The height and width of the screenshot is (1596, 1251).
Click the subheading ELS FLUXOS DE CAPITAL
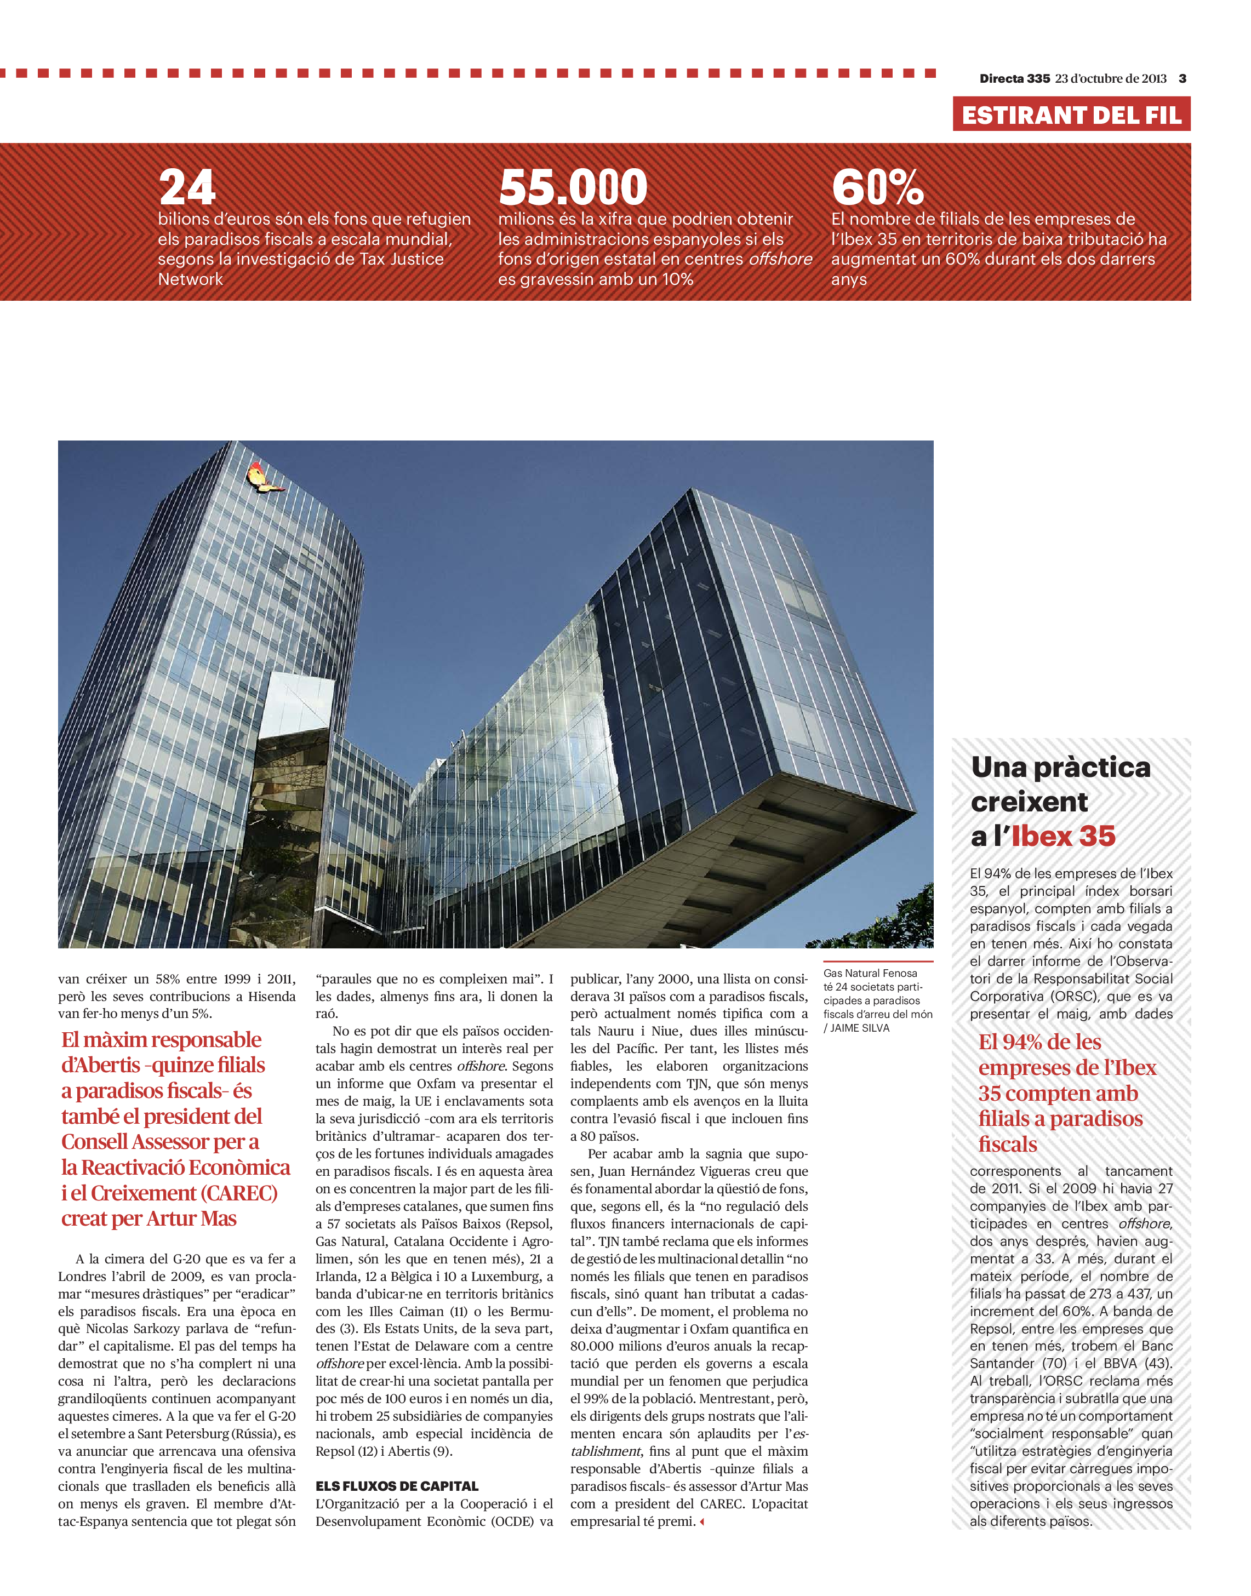(397, 1486)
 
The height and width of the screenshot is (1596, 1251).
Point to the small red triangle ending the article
(702, 1521)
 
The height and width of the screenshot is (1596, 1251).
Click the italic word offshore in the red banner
(780, 259)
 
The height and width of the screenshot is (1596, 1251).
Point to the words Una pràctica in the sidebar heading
(1060, 768)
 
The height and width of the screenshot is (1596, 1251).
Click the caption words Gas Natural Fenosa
(870, 974)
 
